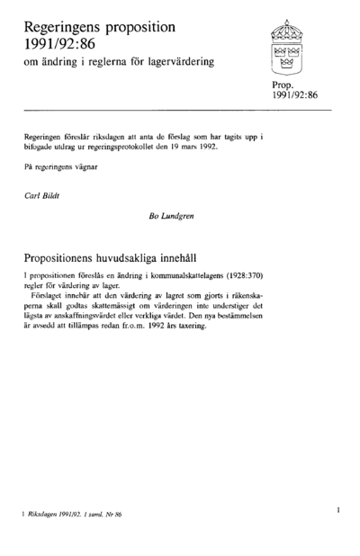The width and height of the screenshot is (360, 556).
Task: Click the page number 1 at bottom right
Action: (337, 509)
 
